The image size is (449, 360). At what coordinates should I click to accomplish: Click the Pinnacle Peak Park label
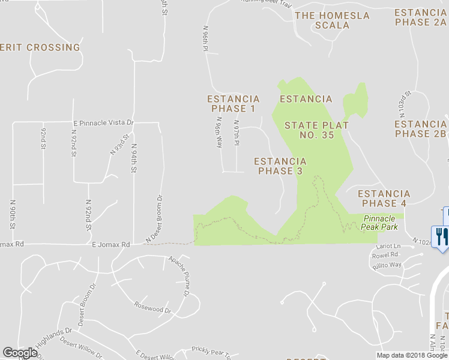(x=380, y=223)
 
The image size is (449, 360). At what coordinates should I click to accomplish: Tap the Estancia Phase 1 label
(x=233, y=104)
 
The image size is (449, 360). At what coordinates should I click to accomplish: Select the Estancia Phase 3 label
(x=280, y=166)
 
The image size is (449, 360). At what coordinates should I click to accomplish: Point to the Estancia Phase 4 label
(x=384, y=199)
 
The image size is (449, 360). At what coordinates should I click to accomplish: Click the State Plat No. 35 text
(x=309, y=130)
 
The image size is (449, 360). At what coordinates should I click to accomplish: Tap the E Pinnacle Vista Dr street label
(x=103, y=122)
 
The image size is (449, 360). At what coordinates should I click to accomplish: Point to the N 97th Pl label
(x=237, y=133)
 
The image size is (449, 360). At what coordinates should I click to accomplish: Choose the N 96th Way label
(x=219, y=131)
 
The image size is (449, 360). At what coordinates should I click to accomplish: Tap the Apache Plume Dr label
(x=179, y=275)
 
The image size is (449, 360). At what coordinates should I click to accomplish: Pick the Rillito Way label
(x=387, y=264)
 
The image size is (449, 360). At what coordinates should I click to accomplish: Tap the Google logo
(x=20, y=353)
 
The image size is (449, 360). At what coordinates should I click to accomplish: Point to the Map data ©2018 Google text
(x=411, y=355)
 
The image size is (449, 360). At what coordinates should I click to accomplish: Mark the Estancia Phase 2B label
(x=420, y=129)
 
